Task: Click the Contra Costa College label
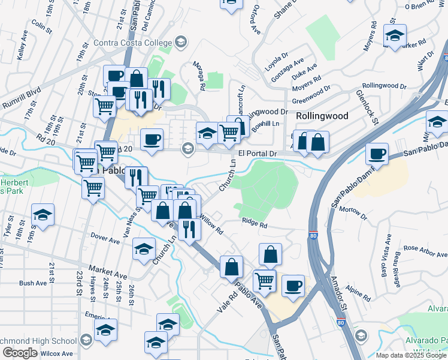[x=132, y=43]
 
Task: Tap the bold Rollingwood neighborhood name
[x=322, y=116]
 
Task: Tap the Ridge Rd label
[x=255, y=223]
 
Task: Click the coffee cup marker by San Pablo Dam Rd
[x=377, y=154]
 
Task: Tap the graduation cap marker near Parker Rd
[x=395, y=35]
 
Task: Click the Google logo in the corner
[x=20, y=353]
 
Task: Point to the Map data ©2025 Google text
[x=411, y=355]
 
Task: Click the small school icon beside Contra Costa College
[x=181, y=42]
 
